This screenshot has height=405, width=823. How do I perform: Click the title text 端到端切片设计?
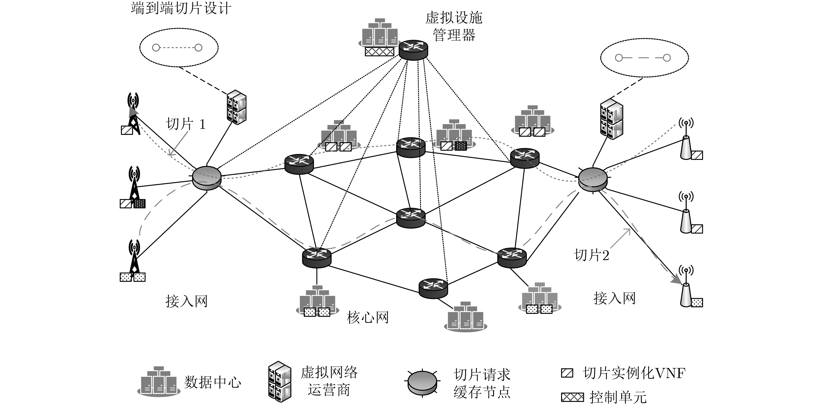[181, 8]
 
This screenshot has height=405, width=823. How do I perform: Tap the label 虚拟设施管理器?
[454, 26]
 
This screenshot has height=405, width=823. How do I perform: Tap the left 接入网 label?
[187, 301]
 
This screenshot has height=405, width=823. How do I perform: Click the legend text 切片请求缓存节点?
[482, 383]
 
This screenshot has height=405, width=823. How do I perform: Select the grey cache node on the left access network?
[207, 178]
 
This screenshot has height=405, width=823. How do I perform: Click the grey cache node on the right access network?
[593, 180]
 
